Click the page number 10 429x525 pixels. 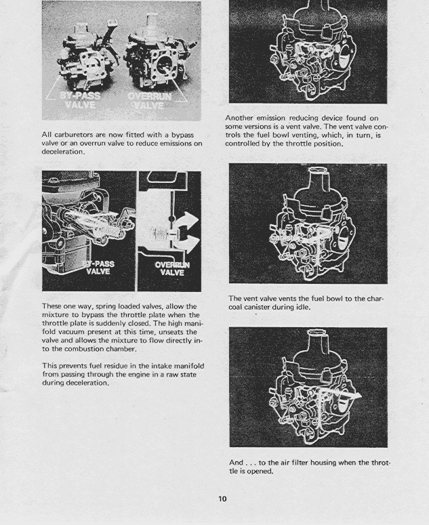click(x=222, y=499)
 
